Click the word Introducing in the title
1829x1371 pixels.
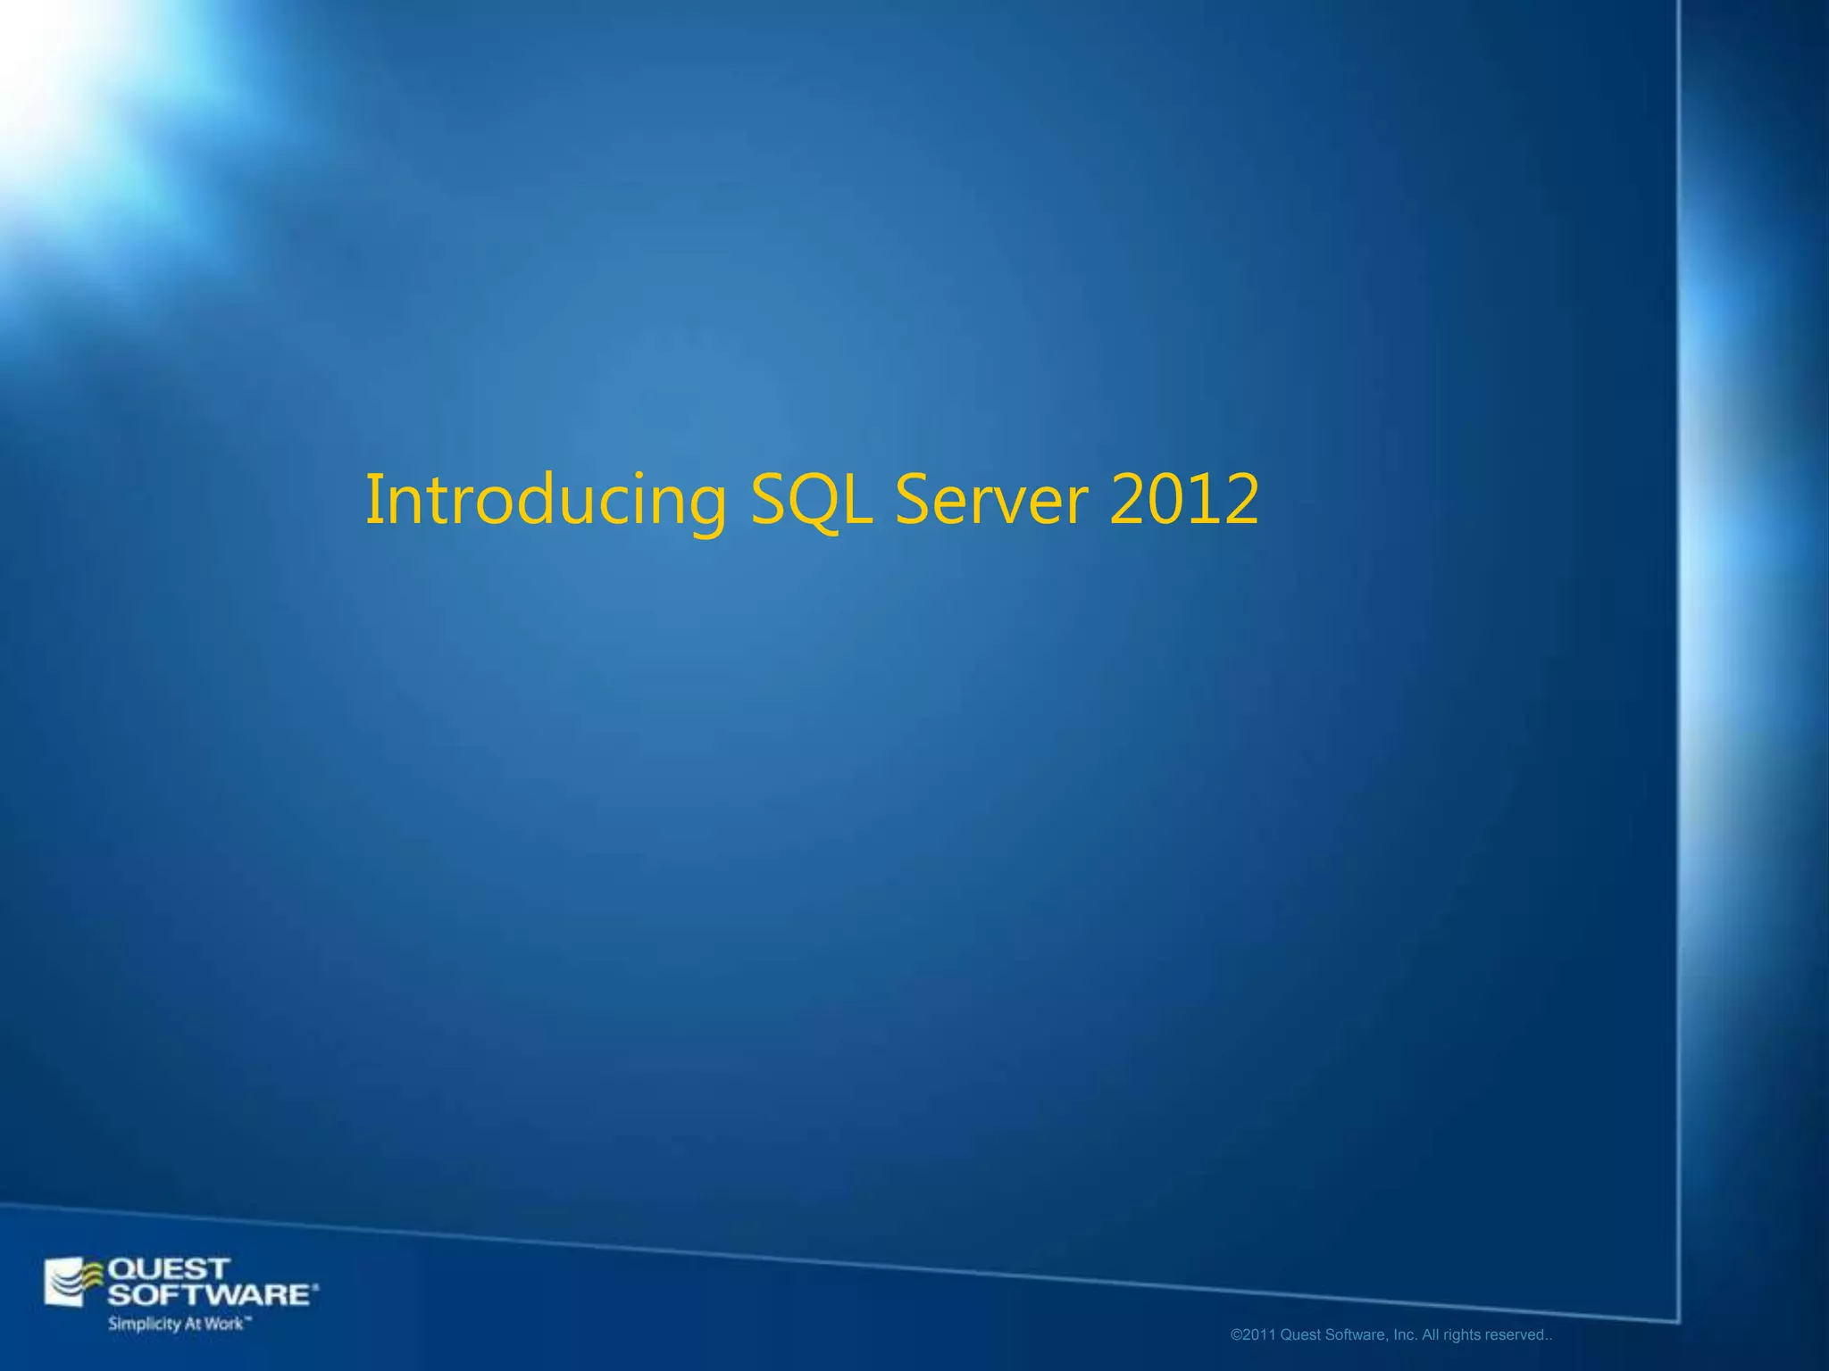click(x=546, y=500)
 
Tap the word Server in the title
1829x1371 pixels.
click(x=991, y=500)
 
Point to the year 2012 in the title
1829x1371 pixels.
click(x=1183, y=500)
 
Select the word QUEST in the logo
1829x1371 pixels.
click(x=169, y=1268)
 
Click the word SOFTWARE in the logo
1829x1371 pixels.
click(x=211, y=1295)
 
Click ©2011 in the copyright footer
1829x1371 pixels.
click(x=1253, y=1335)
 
